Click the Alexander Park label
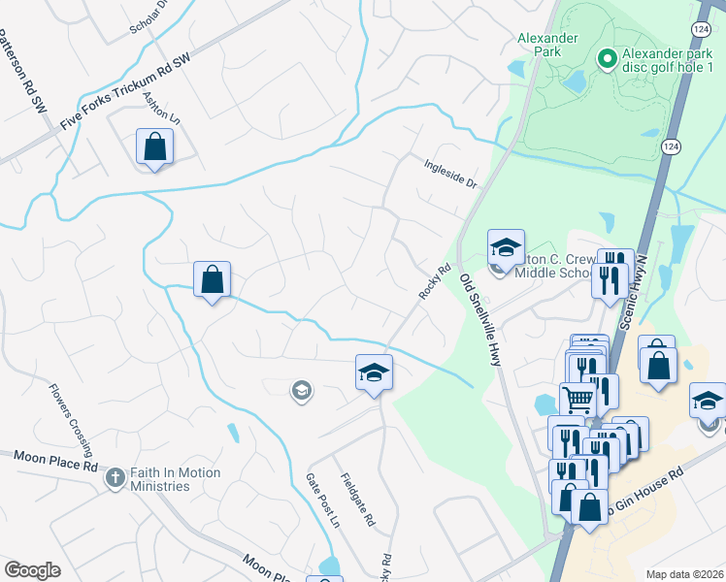click(x=547, y=38)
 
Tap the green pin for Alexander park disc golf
click(x=608, y=60)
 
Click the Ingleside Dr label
click(x=450, y=174)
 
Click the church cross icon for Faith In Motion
click(x=115, y=477)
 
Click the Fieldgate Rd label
click(x=358, y=499)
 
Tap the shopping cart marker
click(x=577, y=397)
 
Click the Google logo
click(x=32, y=570)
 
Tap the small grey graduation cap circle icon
click(x=301, y=391)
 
